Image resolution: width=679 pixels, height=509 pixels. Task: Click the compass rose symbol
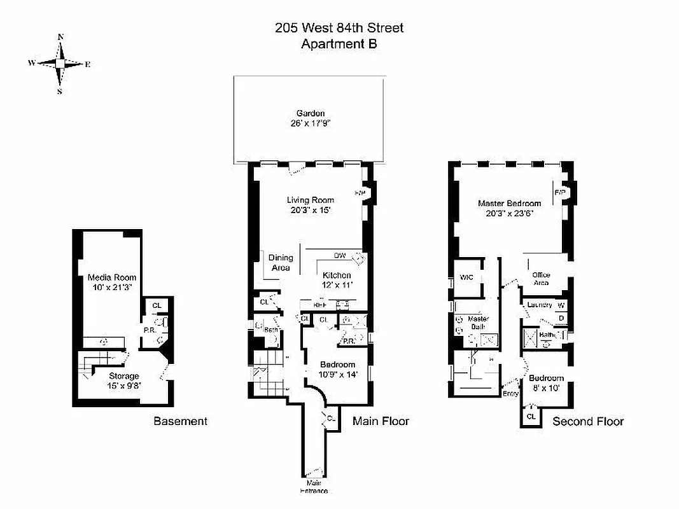60,64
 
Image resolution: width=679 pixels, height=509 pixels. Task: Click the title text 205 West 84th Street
339,28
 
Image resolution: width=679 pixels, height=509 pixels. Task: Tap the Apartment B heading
339,44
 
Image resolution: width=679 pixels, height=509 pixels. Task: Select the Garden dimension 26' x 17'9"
311,123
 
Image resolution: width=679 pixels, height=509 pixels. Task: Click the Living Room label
310,200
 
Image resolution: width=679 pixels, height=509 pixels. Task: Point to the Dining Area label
281,262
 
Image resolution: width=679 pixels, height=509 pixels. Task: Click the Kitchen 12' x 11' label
337,280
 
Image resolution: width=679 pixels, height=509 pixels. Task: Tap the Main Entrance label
315,487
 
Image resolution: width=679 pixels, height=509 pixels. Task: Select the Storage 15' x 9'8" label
123,380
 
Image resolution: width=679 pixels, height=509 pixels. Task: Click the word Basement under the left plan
180,421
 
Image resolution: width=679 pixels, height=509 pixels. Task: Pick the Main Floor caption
381,421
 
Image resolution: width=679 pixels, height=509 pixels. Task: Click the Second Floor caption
588,421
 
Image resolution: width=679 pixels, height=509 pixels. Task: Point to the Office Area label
541,279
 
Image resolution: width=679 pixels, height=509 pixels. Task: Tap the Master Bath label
477,323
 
